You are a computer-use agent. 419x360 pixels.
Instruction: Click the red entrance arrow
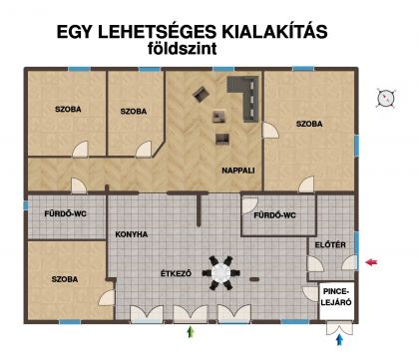(371, 262)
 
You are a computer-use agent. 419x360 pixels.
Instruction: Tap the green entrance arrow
(191, 332)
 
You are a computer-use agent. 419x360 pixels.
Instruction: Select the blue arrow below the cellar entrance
(339, 340)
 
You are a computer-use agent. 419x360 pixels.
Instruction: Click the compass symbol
(386, 98)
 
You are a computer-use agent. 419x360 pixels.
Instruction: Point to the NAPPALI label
(238, 171)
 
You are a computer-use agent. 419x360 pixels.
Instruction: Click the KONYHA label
(132, 234)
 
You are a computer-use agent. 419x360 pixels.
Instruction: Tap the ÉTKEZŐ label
(176, 273)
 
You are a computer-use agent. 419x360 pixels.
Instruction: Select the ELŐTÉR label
(330, 244)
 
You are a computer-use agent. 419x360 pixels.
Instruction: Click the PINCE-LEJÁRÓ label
(336, 297)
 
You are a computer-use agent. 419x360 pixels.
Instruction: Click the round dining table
(220, 273)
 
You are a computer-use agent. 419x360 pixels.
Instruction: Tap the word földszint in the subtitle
(183, 49)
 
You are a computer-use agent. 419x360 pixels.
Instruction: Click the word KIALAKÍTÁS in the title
(274, 32)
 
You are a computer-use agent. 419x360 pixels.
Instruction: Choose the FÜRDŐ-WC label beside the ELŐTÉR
(274, 215)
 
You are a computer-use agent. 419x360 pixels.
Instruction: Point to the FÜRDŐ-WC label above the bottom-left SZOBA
(65, 213)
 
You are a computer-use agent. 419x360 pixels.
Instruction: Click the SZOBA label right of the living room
(309, 124)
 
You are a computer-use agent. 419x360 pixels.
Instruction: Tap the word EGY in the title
(74, 32)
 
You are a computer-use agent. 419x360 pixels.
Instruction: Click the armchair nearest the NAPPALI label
(222, 139)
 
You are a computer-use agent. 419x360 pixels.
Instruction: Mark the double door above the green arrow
(191, 314)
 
